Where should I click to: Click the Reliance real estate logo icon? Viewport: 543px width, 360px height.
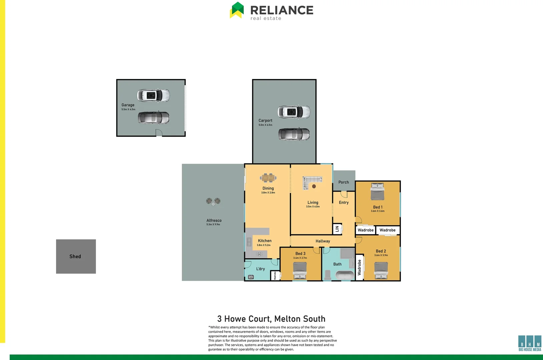coord(237,10)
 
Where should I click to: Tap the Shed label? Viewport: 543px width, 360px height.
coord(75,256)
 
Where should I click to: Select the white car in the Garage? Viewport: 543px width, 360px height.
coord(153,96)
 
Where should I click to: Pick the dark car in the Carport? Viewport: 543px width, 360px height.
coord(294,134)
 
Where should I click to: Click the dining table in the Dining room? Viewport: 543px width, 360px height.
coord(268,178)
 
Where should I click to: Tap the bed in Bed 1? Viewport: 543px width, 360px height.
coord(378,192)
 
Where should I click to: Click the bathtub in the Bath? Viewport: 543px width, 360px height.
coord(345,275)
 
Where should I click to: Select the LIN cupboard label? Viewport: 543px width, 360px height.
coord(337,229)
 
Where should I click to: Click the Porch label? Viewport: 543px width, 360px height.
coord(344,182)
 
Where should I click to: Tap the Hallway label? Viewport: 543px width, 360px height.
coord(323,241)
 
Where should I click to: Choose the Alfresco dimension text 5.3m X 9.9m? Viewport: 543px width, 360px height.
coord(213,225)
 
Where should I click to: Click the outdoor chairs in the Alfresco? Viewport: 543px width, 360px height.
coord(213,201)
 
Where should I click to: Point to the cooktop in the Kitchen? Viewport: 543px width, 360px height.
coord(259,254)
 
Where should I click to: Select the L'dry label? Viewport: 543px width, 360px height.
coord(260,269)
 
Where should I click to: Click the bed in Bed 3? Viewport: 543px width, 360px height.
coord(300,270)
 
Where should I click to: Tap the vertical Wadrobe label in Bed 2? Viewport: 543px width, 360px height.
coord(359,267)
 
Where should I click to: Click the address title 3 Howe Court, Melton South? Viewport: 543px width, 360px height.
coord(271,319)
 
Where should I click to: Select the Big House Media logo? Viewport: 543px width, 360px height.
coord(530,343)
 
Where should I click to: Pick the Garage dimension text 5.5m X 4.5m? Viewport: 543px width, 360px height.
coord(128,109)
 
